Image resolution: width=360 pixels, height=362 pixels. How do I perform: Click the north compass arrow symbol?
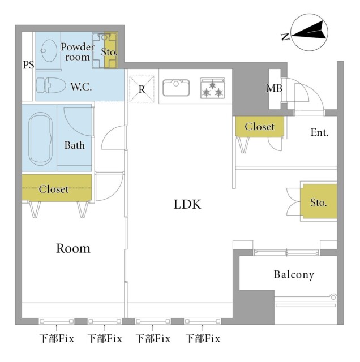point(310,31)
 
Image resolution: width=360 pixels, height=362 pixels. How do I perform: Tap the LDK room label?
point(187,204)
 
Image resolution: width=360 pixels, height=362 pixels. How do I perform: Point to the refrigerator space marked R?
point(142,89)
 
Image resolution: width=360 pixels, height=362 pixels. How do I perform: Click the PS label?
point(28,65)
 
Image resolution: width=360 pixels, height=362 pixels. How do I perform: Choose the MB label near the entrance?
point(275,88)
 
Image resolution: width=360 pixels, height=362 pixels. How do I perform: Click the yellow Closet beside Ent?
point(259,127)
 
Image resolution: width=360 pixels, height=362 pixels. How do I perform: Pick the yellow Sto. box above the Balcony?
point(318,202)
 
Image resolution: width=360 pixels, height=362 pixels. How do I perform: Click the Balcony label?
point(294,275)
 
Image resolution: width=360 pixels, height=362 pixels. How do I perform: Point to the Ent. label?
point(320,133)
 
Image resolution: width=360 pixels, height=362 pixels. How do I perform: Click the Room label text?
point(73,248)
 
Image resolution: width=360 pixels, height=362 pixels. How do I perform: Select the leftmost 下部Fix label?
point(57,339)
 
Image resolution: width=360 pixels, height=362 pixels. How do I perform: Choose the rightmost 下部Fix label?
point(203,339)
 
